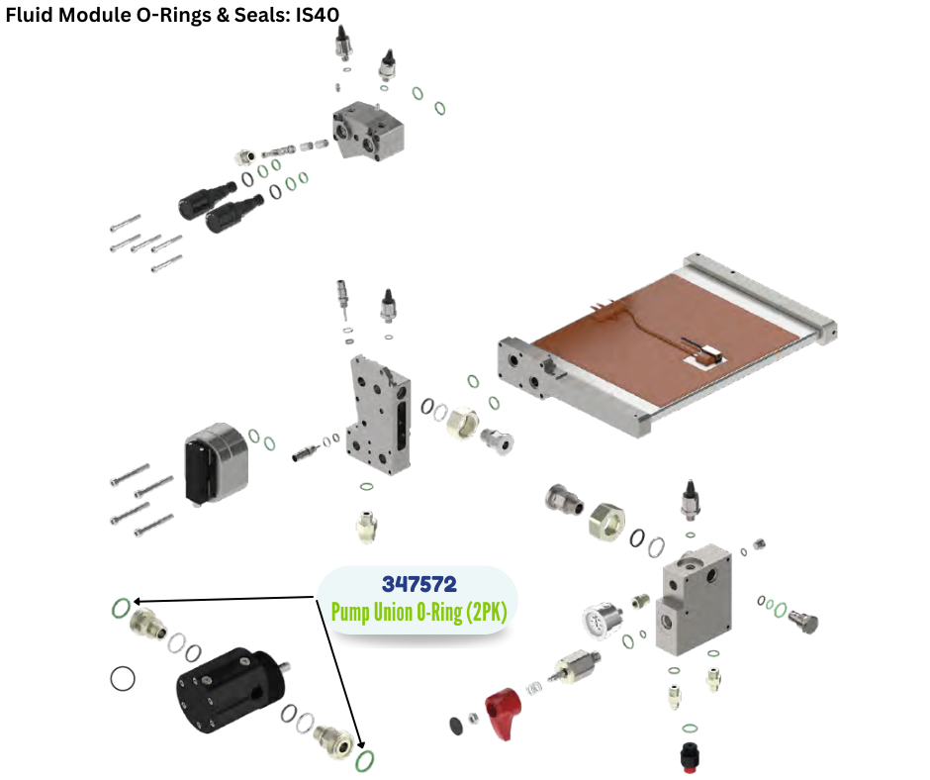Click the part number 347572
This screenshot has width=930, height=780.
[x=419, y=583]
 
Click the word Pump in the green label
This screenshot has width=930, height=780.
[x=352, y=613]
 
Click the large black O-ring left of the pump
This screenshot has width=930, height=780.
[x=123, y=678]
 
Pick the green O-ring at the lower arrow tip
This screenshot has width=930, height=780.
[x=366, y=760]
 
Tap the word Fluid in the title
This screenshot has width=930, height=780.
[x=29, y=16]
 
